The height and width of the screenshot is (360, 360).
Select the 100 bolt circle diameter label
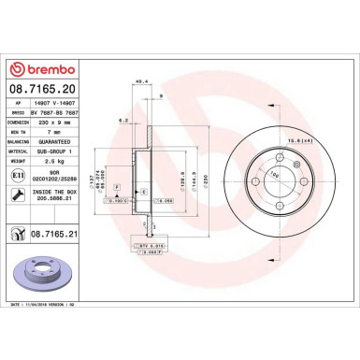274,175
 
